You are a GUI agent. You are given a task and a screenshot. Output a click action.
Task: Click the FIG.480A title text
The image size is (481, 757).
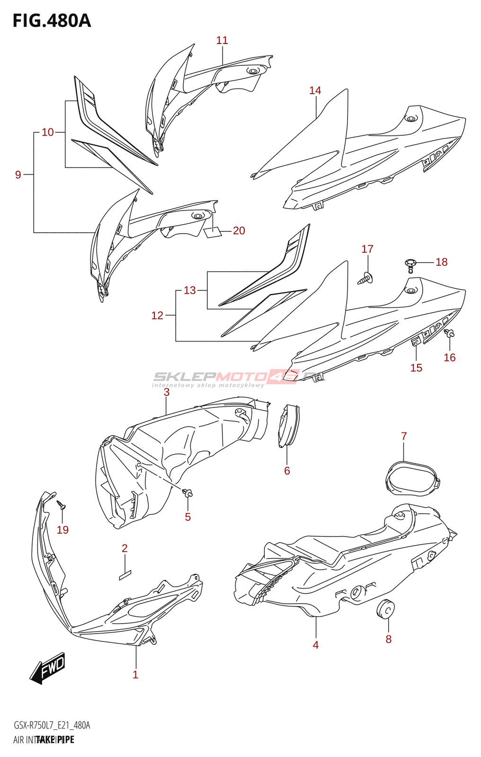click(52, 21)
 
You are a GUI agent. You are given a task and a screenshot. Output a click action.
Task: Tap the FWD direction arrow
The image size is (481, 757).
click(48, 668)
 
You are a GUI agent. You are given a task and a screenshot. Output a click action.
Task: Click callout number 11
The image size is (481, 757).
click(222, 41)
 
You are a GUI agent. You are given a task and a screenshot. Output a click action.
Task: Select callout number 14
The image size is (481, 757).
click(315, 90)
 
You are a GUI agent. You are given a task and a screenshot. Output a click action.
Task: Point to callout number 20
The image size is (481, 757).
click(239, 230)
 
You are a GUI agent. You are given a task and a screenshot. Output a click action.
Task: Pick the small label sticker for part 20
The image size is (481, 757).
click(213, 232)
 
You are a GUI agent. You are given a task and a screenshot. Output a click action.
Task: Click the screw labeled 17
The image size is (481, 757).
click(365, 279)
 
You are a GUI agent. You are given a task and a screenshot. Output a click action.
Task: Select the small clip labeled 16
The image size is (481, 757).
click(449, 334)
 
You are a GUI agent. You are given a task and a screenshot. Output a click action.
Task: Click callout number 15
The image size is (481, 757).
click(416, 368)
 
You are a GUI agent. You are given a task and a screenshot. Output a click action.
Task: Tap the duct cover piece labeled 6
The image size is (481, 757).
click(288, 425)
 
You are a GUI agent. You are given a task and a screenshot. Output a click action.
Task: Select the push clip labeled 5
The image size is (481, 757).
click(188, 494)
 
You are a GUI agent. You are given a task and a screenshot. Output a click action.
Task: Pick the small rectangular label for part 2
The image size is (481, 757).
click(125, 575)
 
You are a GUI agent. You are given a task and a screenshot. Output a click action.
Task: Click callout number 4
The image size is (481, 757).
click(316, 645)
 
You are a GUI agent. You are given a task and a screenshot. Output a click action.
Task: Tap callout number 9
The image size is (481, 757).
click(18, 175)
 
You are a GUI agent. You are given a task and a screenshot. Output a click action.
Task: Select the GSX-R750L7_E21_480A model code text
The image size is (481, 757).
click(52, 725)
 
